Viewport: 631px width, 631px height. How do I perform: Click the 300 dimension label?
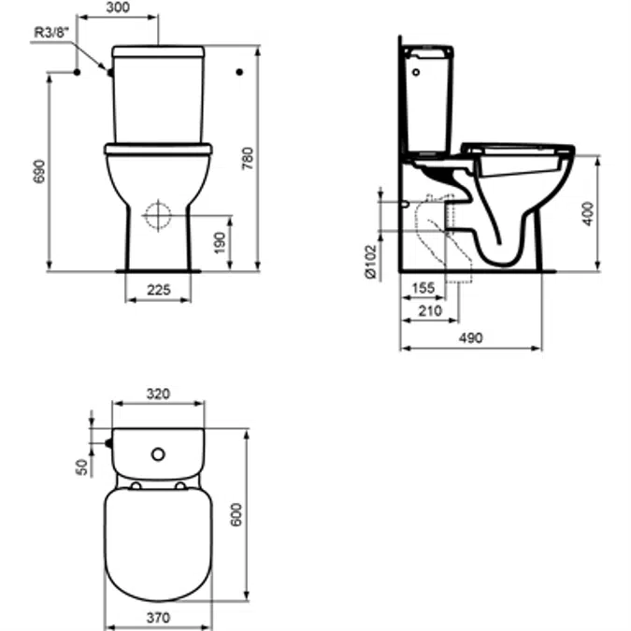[x=118, y=7]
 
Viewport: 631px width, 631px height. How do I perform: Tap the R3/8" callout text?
[x=50, y=32]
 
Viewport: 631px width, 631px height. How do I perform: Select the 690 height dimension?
[x=39, y=171]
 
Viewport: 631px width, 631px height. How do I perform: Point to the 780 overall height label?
[x=247, y=158]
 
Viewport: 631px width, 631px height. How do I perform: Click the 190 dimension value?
[x=220, y=243]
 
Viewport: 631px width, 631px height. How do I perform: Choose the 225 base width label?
[x=159, y=290]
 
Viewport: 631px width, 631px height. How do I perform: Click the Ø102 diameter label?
[x=370, y=262]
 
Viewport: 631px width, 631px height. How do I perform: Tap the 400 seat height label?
[x=588, y=214]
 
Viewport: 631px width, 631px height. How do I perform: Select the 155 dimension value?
[x=423, y=288]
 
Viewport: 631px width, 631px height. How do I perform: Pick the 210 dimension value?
[x=430, y=310]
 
